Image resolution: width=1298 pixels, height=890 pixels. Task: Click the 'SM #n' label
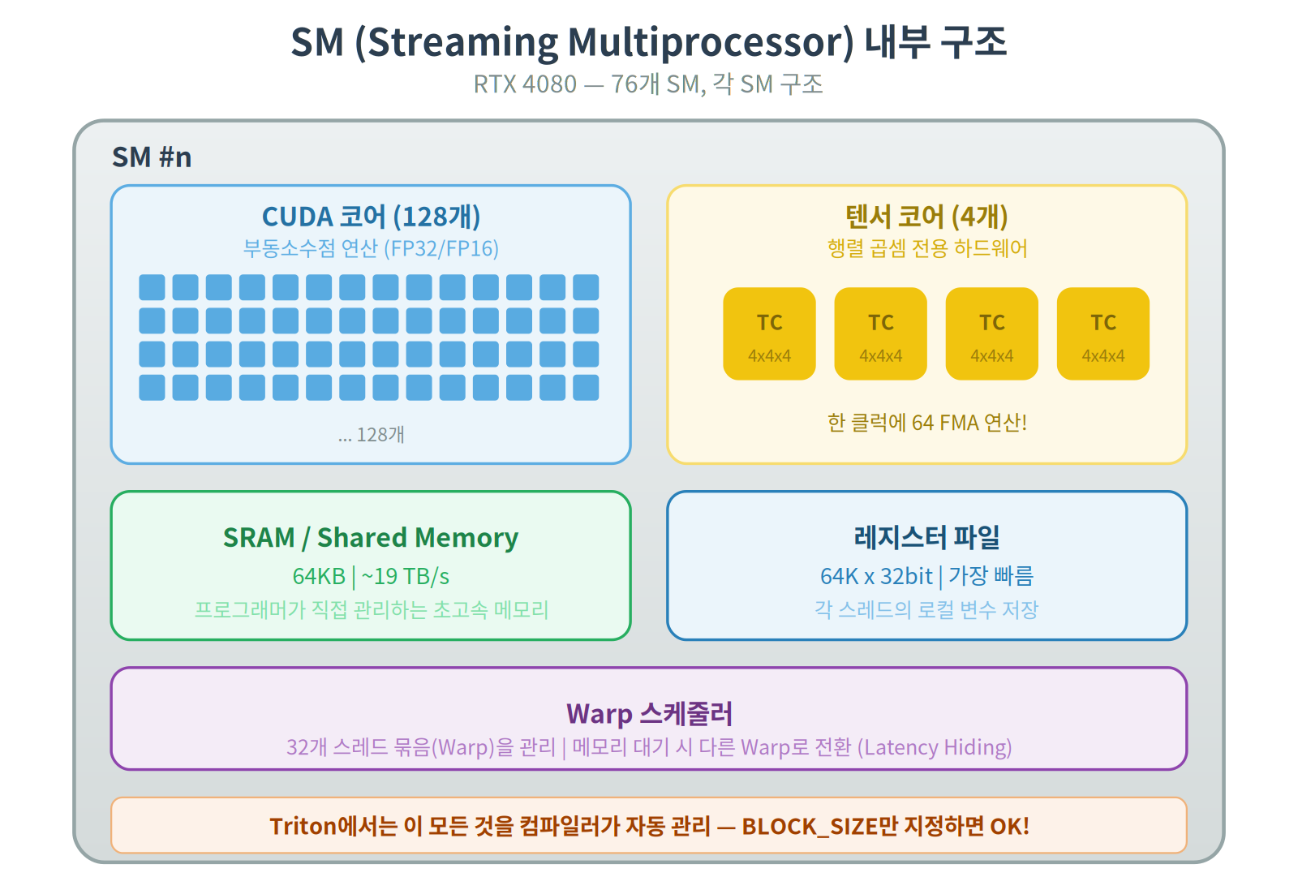tap(152, 157)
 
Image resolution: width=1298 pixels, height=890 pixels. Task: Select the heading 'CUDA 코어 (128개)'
tap(371, 217)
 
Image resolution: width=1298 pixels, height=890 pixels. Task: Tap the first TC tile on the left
tap(769, 333)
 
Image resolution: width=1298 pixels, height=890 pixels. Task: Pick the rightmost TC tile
tap(1102, 333)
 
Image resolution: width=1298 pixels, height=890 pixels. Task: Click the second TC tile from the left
tap(880, 333)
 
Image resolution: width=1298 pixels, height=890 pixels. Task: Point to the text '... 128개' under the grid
tap(371, 435)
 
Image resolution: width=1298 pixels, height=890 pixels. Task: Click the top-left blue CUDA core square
tap(152, 287)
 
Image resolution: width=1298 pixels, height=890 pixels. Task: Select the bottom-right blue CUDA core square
tap(586, 387)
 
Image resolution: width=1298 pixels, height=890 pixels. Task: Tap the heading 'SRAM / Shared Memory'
tap(371, 538)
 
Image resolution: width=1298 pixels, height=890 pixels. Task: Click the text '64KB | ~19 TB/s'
tap(371, 576)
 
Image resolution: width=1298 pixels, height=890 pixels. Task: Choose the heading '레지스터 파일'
tap(926, 537)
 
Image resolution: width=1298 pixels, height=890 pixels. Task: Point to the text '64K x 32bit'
tap(876, 576)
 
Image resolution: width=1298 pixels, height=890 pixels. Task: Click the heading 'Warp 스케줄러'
tap(649, 714)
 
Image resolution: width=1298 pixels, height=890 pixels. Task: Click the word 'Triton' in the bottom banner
tap(303, 826)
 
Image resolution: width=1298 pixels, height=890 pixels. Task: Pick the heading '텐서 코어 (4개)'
tap(926, 217)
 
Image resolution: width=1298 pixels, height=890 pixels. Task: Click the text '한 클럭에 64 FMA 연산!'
tap(926, 423)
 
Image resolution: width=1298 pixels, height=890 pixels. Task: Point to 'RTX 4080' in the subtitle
tap(525, 84)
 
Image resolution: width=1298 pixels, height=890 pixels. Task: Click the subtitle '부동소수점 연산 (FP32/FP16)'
tap(371, 248)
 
